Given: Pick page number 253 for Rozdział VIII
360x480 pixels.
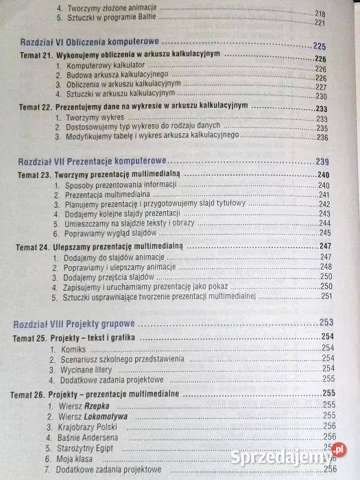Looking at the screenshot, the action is tap(326, 322).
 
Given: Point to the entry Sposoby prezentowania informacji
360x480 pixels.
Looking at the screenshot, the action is tap(121, 185).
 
